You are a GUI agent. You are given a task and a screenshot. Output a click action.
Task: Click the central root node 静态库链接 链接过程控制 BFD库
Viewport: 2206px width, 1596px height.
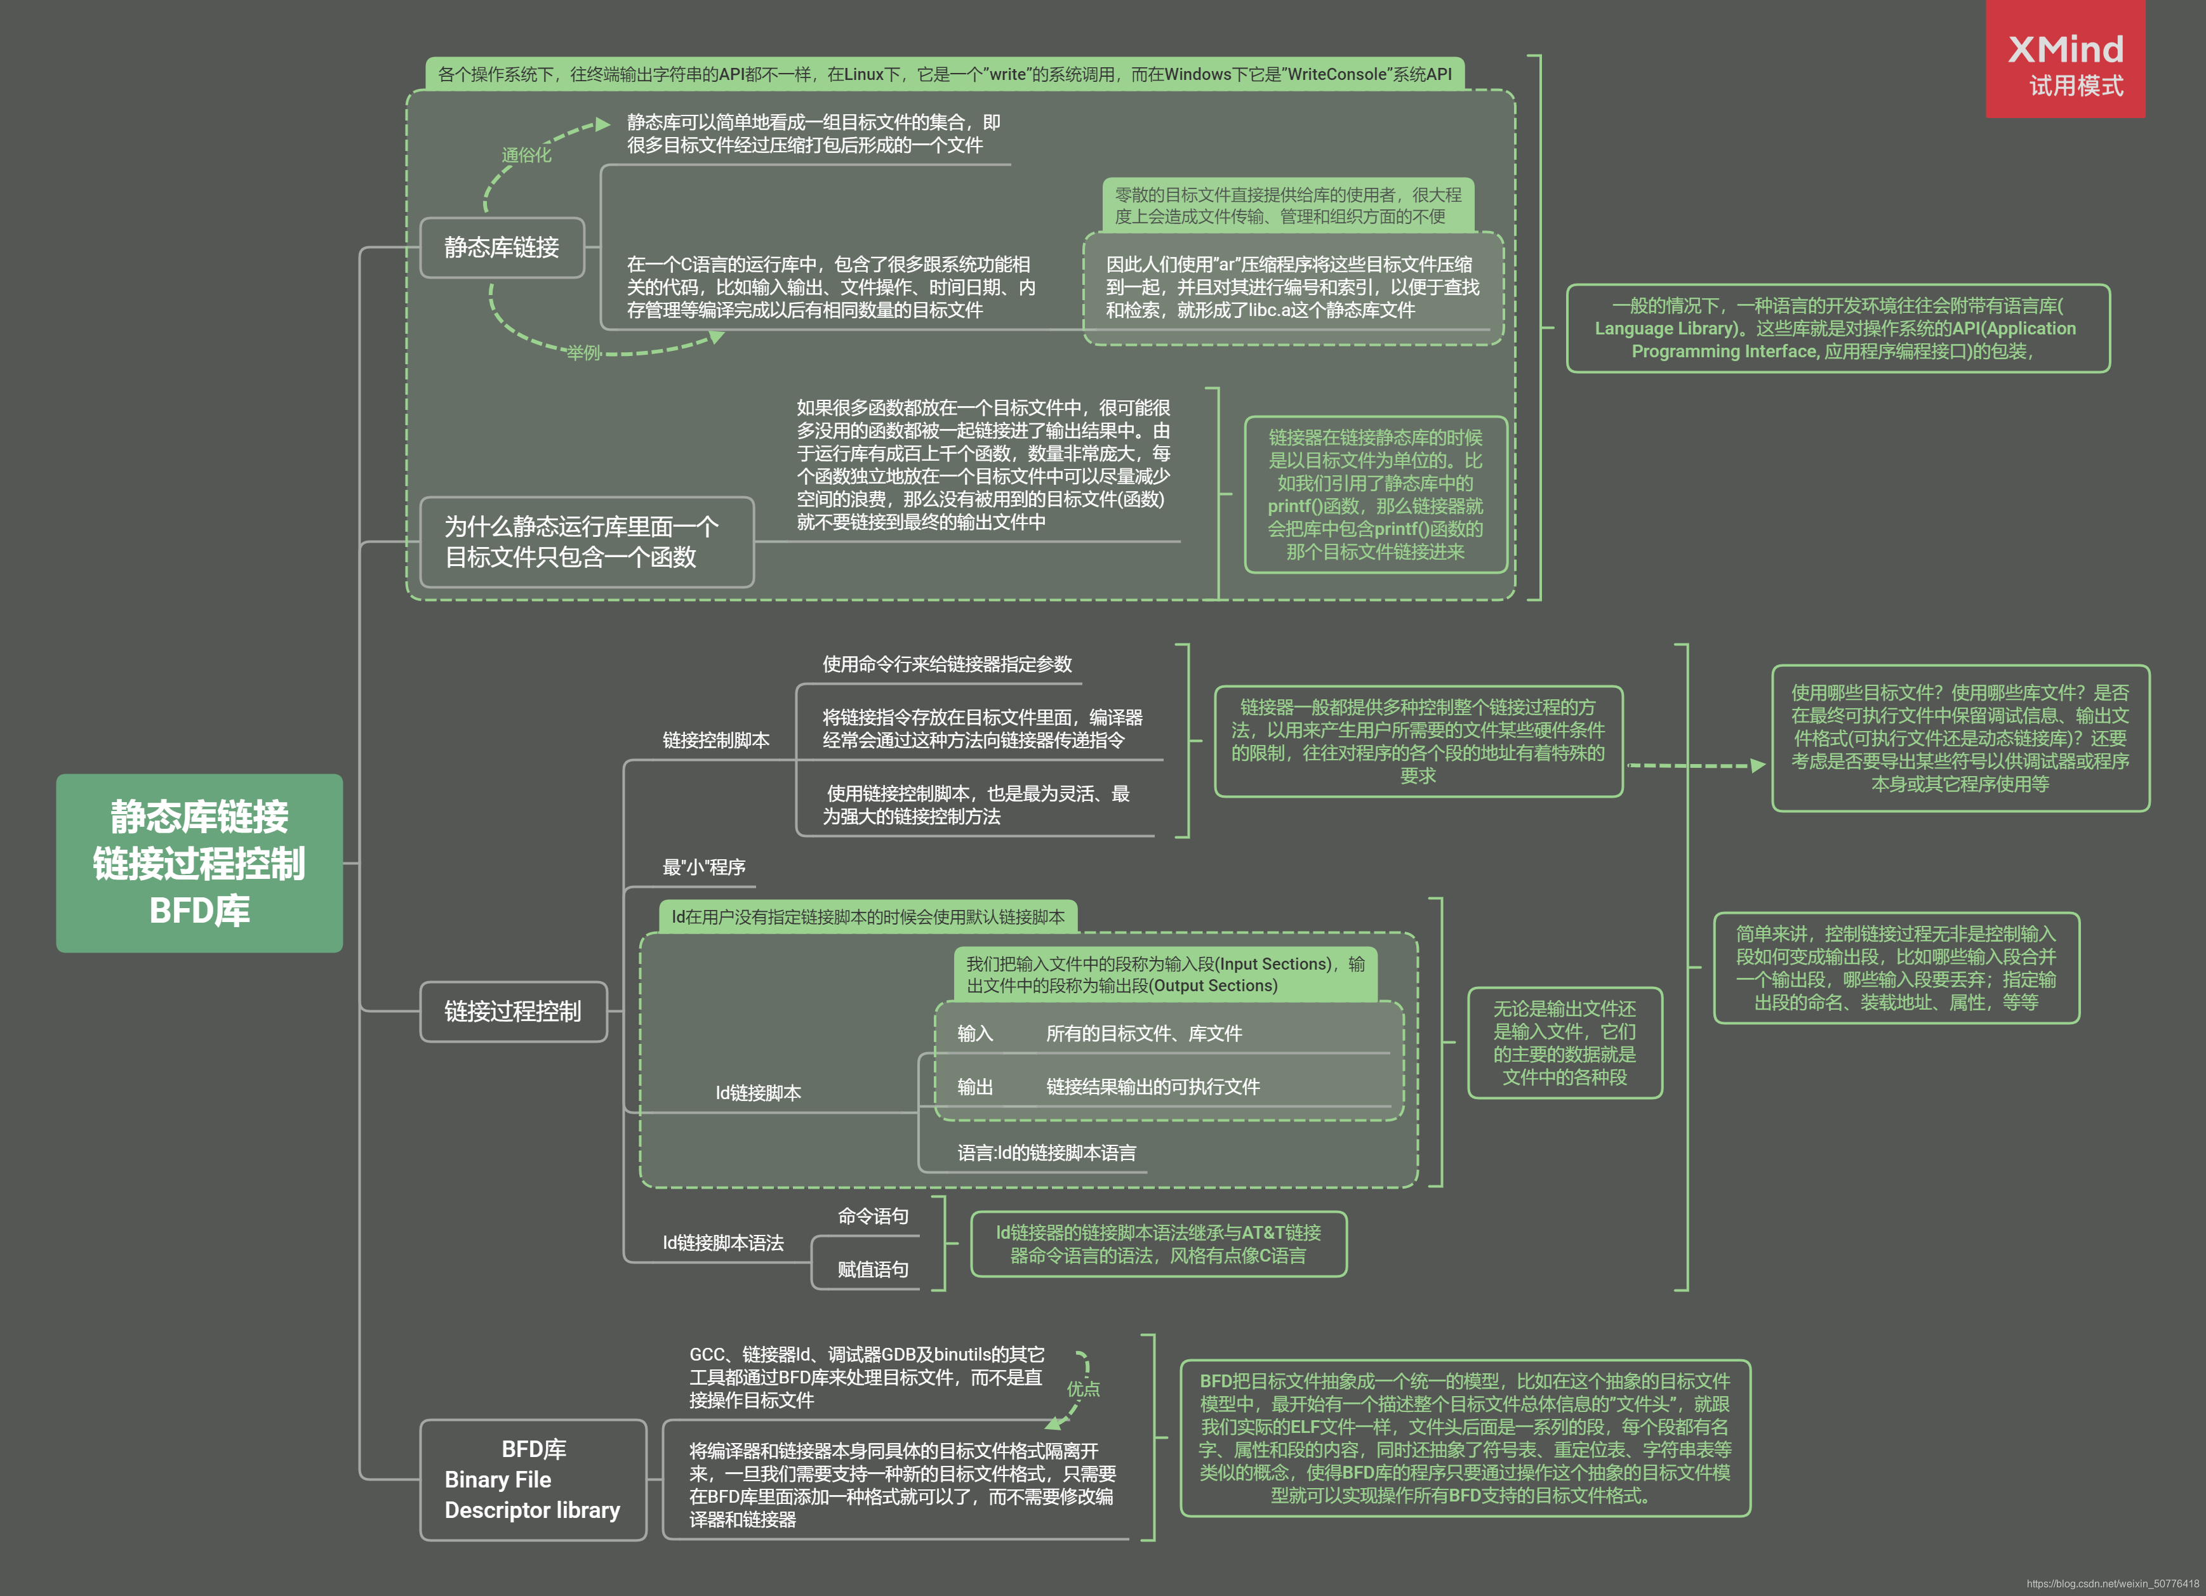click(199, 862)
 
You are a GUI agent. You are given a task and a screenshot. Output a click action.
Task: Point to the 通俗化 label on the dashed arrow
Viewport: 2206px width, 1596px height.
click(526, 155)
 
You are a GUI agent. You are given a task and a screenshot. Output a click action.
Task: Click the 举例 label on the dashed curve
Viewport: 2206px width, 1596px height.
click(583, 353)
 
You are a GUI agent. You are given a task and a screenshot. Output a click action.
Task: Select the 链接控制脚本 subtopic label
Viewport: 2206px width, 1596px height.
click(716, 740)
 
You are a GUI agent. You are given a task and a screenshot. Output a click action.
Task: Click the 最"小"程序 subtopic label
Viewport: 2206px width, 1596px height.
click(703, 867)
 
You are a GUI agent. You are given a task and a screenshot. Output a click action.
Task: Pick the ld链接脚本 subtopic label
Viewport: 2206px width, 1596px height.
click(758, 1093)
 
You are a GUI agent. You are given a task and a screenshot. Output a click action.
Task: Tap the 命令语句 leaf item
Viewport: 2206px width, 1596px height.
click(872, 1217)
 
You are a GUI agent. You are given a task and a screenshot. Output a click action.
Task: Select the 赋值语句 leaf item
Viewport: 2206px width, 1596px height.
click(872, 1269)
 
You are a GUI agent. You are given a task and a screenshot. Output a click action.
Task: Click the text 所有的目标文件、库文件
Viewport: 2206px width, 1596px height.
click(1144, 1034)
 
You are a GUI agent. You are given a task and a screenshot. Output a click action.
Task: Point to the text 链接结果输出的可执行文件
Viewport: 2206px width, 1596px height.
click(1153, 1087)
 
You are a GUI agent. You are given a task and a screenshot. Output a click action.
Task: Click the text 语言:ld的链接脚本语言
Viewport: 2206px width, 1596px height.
click(1047, 1154)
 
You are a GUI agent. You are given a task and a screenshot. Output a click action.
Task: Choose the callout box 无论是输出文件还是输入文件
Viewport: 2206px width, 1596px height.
click(1564, 1043)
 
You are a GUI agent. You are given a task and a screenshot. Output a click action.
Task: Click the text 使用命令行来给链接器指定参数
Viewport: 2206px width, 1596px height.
click(947, 664)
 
